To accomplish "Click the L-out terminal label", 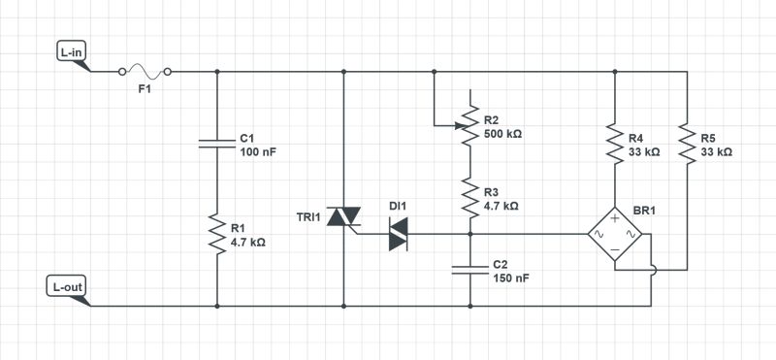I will pos(67,287).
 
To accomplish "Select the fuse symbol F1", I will pos(145,71).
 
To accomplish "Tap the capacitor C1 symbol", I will pos(216,143).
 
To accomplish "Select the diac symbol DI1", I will pos(399,234).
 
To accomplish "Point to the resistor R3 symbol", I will pos(469,199).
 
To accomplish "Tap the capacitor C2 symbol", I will pos(469,268).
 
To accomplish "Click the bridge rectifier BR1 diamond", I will pos(614,234).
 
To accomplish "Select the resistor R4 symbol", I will pos(614,144).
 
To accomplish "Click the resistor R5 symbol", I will pos(686,144).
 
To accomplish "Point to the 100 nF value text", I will pos(259,152).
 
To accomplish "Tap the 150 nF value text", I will pos(511,278).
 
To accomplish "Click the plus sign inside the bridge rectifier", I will pos(614,219).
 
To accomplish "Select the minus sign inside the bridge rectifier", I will pos(614,250).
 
